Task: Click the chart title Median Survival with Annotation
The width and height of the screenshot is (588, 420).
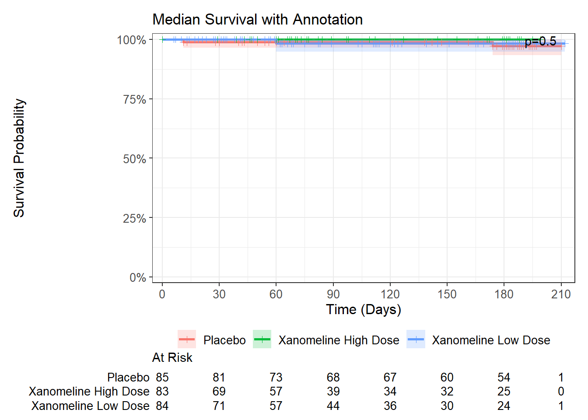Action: pyautogui.click(x=257, y=20)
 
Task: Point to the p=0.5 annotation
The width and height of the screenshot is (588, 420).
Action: pyautogui.click(x=540, y=42)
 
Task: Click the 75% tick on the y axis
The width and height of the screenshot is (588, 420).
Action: pyautogui.click(x=135, y=100)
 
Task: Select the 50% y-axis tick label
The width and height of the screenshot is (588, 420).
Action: pyautogui.click(x=135, y=159)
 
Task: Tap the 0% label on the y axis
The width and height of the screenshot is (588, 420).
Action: pyautogui.click(x=138, y=278)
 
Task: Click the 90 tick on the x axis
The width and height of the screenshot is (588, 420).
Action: pyautogui.click(x=333, y=294)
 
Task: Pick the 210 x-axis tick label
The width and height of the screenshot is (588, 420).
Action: pyautogui.click(x=561, y=294)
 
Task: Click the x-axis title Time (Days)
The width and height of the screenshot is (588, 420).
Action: pyautogui.click(x=363, y=310)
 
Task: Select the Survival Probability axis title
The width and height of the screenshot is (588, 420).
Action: pyautogui.click(x=19, y=158)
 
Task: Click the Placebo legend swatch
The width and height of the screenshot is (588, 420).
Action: pyautogui.click(x=187, y=339)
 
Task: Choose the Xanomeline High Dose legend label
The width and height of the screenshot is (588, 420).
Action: pyautogui.click(x=339, y=340)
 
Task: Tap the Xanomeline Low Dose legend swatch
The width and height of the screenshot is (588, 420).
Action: pyautogui.click(x=416, y=339)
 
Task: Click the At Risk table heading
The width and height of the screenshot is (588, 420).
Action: pyautogui.click(x=172, y=358)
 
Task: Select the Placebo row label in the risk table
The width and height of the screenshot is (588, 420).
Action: pyautogui.click(x=128, y=377)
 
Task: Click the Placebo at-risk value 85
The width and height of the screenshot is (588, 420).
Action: pyautogui.click(x=162, y=377)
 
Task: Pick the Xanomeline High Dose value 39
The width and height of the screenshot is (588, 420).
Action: pyautogui.click(x=333, y=392)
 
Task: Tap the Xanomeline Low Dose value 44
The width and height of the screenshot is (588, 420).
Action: pyautogui.click(x=333, y=406)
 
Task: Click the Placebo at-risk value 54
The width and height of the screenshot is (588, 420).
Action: pyautogui.click(x=504, y=377)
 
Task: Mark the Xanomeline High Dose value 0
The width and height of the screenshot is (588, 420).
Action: pyautogui.click(x=561, y=392)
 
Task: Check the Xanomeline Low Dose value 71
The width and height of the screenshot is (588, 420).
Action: pyautogui.click(x=219, y=406)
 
